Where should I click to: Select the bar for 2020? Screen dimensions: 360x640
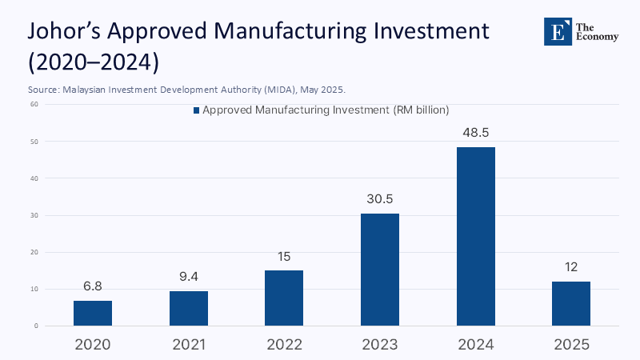click(x=93, y=314)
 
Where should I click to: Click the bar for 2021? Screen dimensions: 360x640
click(x=189, y=309)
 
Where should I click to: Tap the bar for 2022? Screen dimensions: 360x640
click(x=284, y=298)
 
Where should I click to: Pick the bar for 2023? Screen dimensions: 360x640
click(x=380, y=270)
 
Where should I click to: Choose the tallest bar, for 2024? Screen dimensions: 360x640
click(x=476, y=237)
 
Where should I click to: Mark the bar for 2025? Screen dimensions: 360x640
click(x=571, y=304)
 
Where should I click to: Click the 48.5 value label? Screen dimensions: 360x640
click(x=476, y=133)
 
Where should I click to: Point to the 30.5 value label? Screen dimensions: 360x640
click(x=380, y=199)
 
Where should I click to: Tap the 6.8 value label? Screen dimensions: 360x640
click(x=93, y=286)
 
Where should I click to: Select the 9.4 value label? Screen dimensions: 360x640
click(x=189, y=277)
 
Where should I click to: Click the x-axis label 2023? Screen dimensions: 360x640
click(x=380, y=345)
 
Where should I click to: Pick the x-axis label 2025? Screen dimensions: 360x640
click(x=571, y=345)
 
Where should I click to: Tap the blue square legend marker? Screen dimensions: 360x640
click(x=196, y=110)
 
